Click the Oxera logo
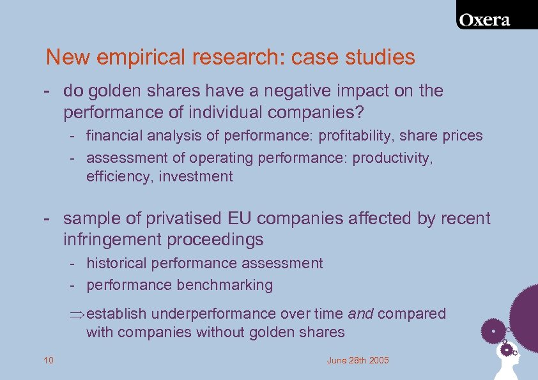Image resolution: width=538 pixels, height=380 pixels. (x=493, y=19)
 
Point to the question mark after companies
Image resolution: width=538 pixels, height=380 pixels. (x=360, y=113)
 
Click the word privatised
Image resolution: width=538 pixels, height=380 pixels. (x=178, y=218)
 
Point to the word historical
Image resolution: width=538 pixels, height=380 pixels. (x=119, y=263)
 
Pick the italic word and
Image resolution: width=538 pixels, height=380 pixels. (x=361, y=314)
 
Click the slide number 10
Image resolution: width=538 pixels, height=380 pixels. (x=49, y=361)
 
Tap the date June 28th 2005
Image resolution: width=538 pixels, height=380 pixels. (x=357, y=361)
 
